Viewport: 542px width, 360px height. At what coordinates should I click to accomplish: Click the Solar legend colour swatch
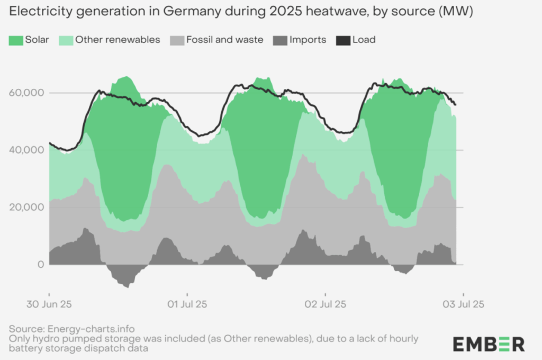[16, 40]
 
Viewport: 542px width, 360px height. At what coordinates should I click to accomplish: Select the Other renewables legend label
[118, 40]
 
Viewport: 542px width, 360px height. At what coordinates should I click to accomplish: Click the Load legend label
[364, 40]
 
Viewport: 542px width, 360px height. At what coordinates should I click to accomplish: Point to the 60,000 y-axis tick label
[26, 93]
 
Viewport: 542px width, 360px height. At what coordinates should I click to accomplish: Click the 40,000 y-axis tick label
[26, 150]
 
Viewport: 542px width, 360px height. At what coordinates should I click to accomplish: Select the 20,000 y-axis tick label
[26, 207]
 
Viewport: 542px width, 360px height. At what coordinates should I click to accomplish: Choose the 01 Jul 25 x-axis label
[187, 304]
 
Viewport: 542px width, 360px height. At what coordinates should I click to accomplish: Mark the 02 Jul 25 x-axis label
[326, 304]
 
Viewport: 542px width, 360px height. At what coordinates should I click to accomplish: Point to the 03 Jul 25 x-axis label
[463, 304]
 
